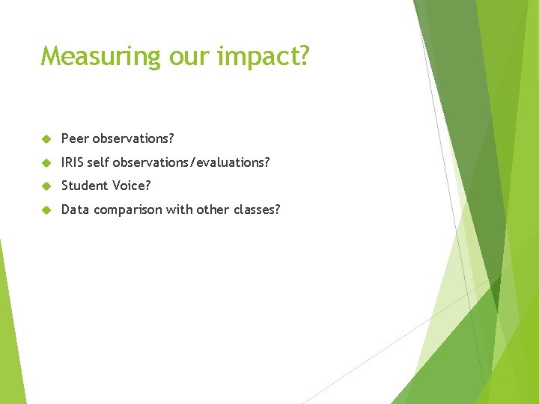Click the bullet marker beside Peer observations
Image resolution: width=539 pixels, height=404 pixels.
click(x=46, y=139)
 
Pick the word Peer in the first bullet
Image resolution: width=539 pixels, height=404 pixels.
click(x=75, y=138)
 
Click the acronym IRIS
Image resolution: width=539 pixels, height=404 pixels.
click(x=73, y=162)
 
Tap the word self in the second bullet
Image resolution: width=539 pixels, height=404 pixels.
click(x=98, y=162)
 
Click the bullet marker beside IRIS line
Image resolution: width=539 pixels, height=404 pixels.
click(x=46, y=163)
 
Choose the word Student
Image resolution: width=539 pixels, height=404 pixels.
click(x=85, y=186)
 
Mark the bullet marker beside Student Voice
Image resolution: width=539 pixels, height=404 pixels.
click(x=46, y=186)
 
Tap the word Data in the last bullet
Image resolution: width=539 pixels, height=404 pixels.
click(x=74, y=209)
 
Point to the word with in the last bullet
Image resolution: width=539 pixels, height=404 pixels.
click(x=179, y=209)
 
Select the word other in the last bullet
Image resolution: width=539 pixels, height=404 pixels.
click(x=213, y=209)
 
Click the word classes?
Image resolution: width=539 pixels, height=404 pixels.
click(x=257, y=209)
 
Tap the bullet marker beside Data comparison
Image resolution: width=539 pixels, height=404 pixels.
click(x=46, y=210)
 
